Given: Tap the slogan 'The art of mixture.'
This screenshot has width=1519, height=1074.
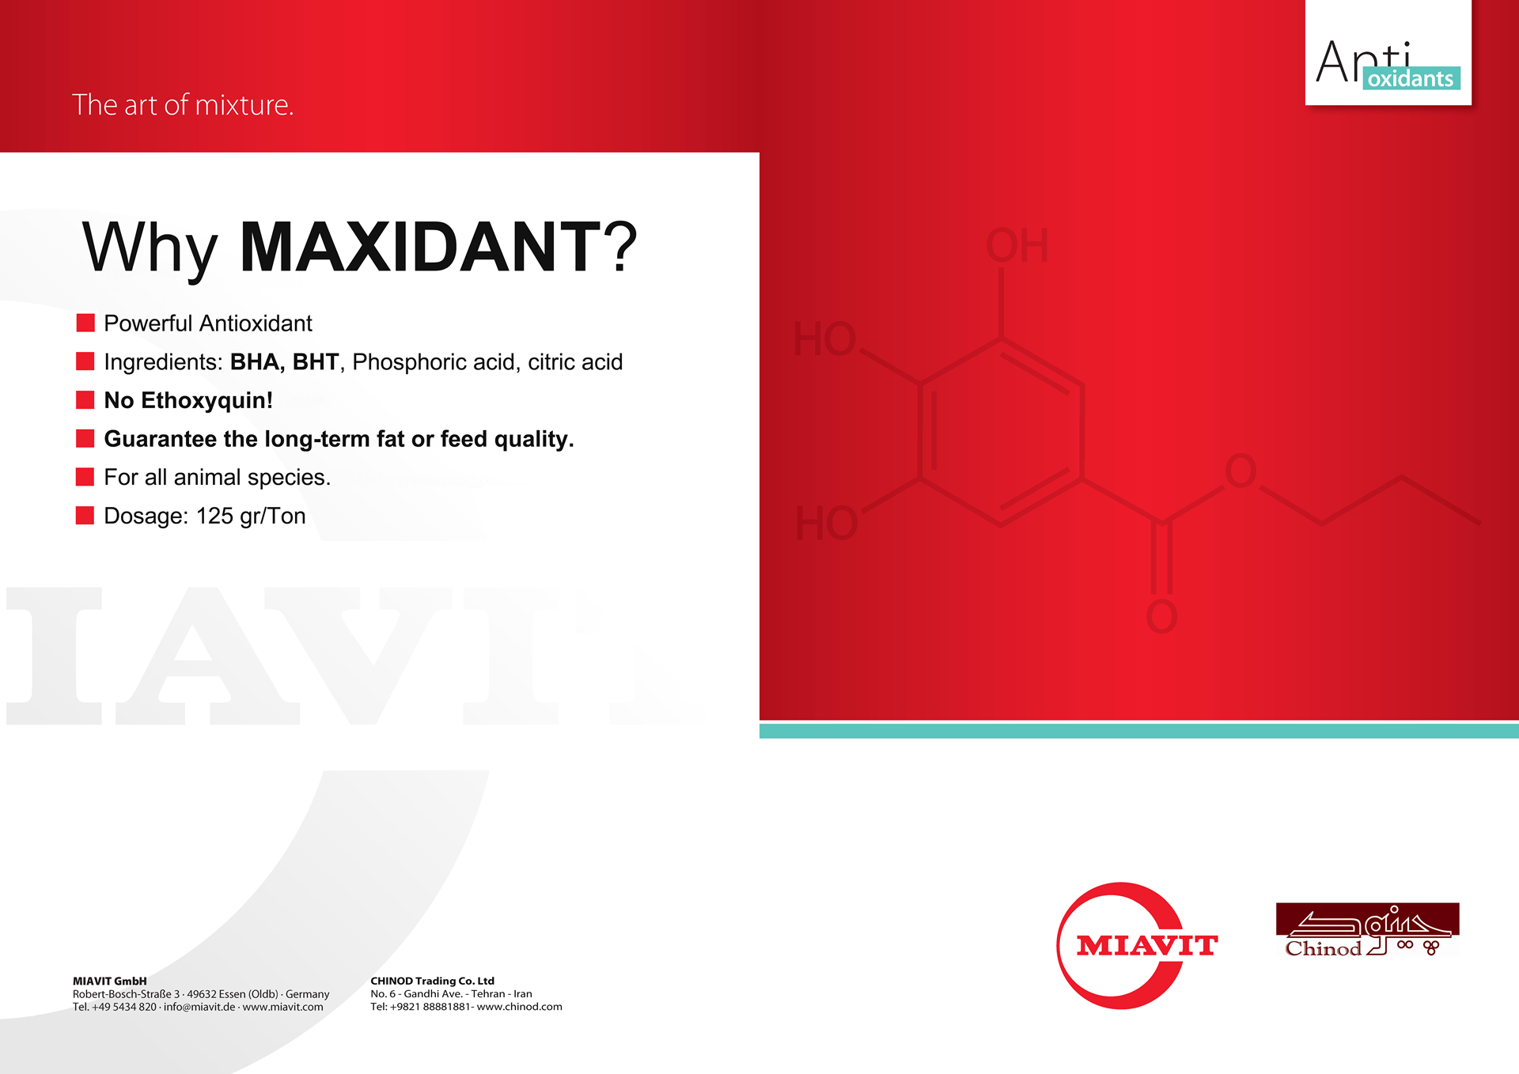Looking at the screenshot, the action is tap(183, 105).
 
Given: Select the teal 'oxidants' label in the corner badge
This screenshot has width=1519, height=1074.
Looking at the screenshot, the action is tap(1411, 78).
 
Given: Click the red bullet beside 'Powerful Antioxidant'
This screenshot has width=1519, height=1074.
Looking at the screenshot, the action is tap(85, 323).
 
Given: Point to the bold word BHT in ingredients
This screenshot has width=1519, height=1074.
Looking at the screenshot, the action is tap(316, 361).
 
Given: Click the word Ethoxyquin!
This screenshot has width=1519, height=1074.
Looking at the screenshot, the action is tap(206, 400).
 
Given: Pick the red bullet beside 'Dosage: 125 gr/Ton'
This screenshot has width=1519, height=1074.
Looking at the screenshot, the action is tap(85, 516).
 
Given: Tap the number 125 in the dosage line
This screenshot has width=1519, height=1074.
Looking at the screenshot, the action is tap(214, 516).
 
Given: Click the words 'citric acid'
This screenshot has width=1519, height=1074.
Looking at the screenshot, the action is tap(575, 361).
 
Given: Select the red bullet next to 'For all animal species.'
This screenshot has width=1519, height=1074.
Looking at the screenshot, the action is tap(85, 477).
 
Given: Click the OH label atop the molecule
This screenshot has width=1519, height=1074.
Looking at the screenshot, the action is tap(1017, 245).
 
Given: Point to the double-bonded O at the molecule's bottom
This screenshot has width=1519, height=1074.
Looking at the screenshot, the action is tap(1161, 617).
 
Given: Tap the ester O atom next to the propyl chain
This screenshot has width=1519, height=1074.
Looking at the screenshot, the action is tap(1241, 471).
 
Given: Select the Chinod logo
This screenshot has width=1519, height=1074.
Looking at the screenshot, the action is tap(1368, 930).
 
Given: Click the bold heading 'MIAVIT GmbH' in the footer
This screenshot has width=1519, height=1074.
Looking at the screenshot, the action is tap(110, 981).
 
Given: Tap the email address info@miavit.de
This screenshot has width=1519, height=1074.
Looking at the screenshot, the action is tap(199, 1007).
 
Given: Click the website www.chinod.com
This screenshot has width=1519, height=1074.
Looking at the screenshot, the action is tap(520, 1007).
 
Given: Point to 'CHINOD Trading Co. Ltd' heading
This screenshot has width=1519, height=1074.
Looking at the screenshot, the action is tap(433, 981).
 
